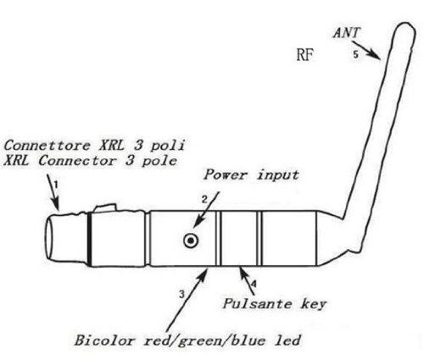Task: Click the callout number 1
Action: pos(56,185)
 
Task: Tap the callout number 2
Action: pos(204,199)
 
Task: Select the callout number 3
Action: pos(181,294)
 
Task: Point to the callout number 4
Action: pos(254,284)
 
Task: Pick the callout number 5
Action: pos(355,54)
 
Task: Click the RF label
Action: pos(304,54)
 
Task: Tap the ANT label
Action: pos(347,32)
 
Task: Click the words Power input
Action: pos(251,175)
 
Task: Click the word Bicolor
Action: pos(104,340)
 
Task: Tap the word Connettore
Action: pos(47,145)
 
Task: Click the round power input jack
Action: pos(191,241)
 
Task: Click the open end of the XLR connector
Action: pos(49,236)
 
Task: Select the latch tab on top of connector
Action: pos(105,208)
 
